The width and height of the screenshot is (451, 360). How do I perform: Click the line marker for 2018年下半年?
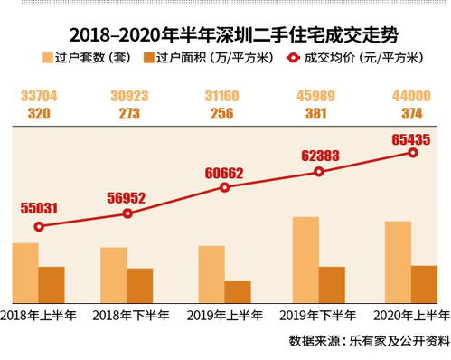pos(127,213)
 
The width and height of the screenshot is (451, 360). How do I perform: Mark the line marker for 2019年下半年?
pos(318,172)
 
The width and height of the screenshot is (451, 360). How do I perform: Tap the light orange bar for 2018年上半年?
pos(25,272)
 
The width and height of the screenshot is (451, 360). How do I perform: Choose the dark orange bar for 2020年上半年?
pos(424,283)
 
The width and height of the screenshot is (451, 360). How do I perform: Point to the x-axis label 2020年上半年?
pos(411,317)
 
